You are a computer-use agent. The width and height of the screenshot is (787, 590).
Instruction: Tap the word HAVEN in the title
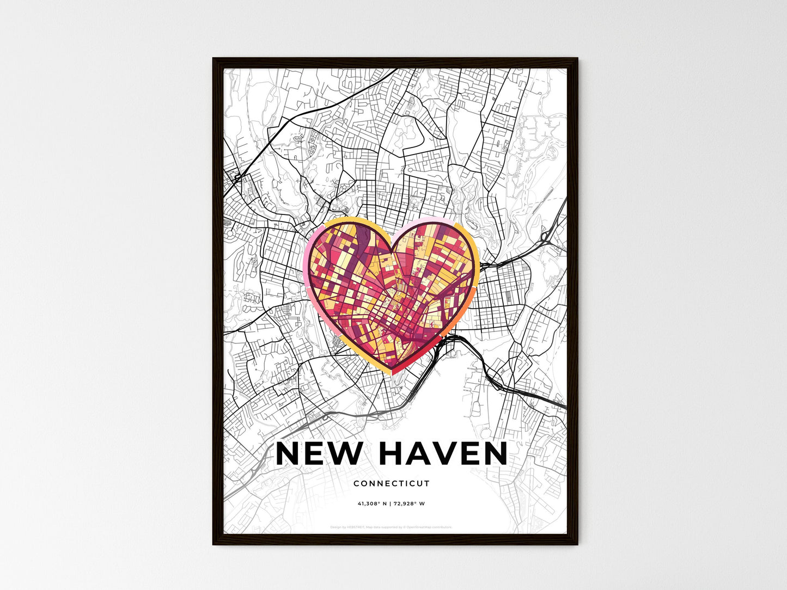[x=443, y=453]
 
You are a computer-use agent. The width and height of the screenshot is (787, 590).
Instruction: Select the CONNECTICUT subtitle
[x=392, y=483]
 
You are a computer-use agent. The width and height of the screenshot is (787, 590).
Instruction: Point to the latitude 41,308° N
[x=372, y=503]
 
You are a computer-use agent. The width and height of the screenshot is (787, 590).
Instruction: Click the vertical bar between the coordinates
[x=391, y=503]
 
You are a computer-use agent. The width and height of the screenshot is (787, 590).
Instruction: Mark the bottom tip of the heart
[x=392, y=373]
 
